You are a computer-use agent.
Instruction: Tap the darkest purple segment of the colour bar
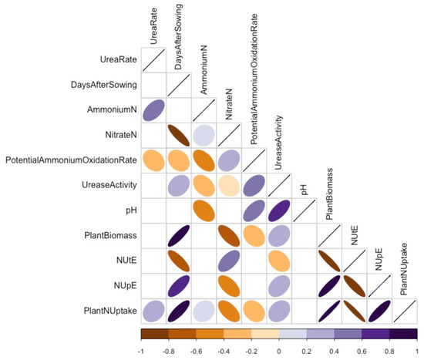click(x=404, y=334)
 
